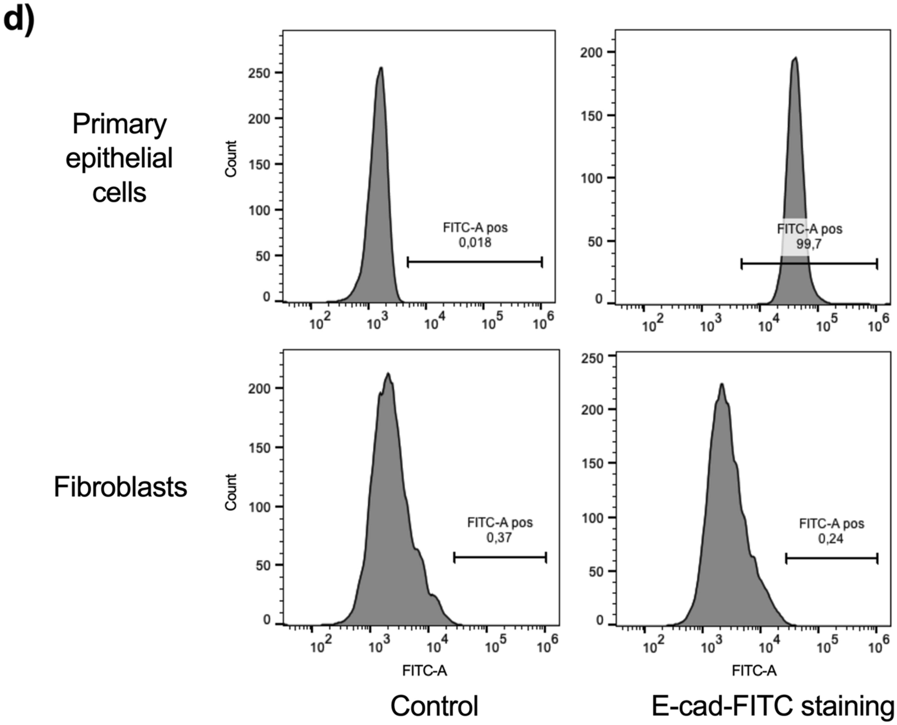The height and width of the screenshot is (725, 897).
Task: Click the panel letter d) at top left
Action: (x=18, y=19)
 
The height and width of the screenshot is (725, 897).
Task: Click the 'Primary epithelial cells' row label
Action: (x=119, y=158)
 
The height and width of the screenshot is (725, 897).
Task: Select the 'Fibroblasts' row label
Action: (x=120, y=487)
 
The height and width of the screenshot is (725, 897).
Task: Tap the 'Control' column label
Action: (x=434, y=706)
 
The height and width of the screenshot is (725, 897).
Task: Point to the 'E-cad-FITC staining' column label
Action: (x=772, y=706)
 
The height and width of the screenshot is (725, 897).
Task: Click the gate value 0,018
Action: (x=475, y=242)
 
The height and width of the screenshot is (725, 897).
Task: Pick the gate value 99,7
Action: (x=809, y=244)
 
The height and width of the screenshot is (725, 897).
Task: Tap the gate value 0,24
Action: (x=831, y=538)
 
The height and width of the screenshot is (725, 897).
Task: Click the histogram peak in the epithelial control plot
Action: (x=380, y=68)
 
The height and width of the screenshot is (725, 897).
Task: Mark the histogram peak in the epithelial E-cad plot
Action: (x=795, y=58)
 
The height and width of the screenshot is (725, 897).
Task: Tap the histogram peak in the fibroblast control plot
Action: (x=388, y=374)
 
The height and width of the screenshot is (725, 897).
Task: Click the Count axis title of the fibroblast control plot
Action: (x=231, y=492)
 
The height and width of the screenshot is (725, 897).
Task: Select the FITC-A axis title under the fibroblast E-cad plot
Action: (x=754, y=671)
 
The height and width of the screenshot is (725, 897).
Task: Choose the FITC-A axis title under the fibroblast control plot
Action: (x=424, y=671)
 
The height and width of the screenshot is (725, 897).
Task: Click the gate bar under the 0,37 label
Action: (x=500, y=558)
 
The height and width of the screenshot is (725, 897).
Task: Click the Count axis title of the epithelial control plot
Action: (x=231, y=159)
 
